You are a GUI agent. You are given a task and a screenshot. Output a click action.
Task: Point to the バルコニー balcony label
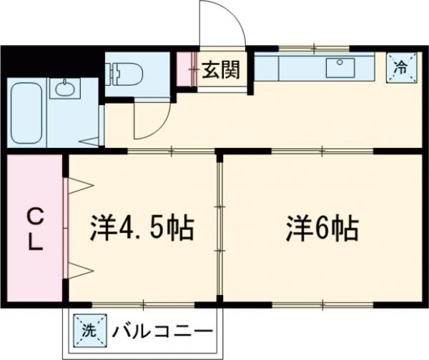tap(162, 331)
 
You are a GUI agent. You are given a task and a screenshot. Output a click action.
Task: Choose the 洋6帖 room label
tap(322, 228)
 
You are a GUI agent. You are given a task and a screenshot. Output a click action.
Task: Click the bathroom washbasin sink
tap(65, 89)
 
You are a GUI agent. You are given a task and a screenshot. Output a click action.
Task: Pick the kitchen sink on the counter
tap(340, 68)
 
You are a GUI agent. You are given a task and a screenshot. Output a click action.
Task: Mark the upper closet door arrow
tap(79, 186)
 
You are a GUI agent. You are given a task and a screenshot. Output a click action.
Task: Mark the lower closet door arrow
tap(79, 269)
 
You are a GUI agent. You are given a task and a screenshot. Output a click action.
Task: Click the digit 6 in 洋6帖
tap(322, 228)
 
